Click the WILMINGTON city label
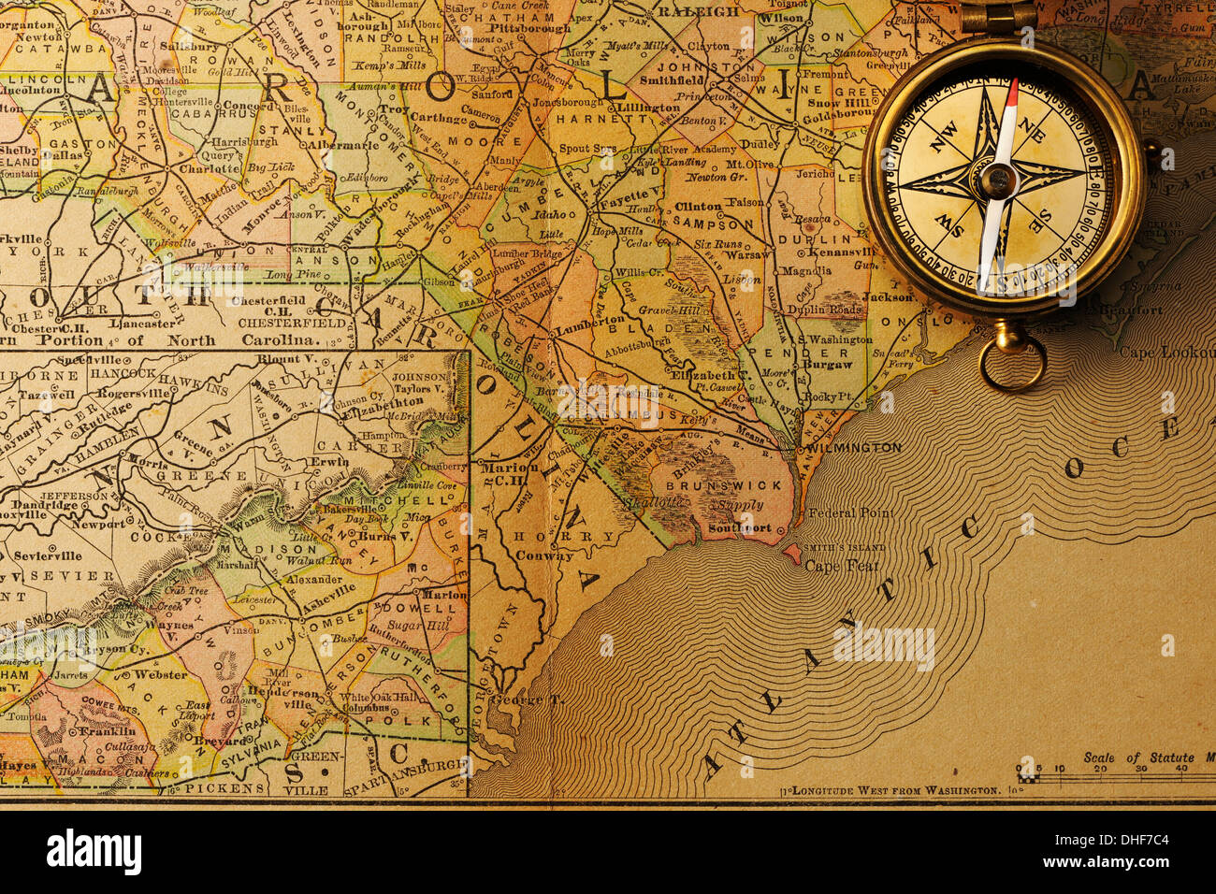[x=856, y=448]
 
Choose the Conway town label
[x=544, y=555]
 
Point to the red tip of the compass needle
[x=1012, y=94]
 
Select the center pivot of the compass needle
[x=997, y=179]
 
